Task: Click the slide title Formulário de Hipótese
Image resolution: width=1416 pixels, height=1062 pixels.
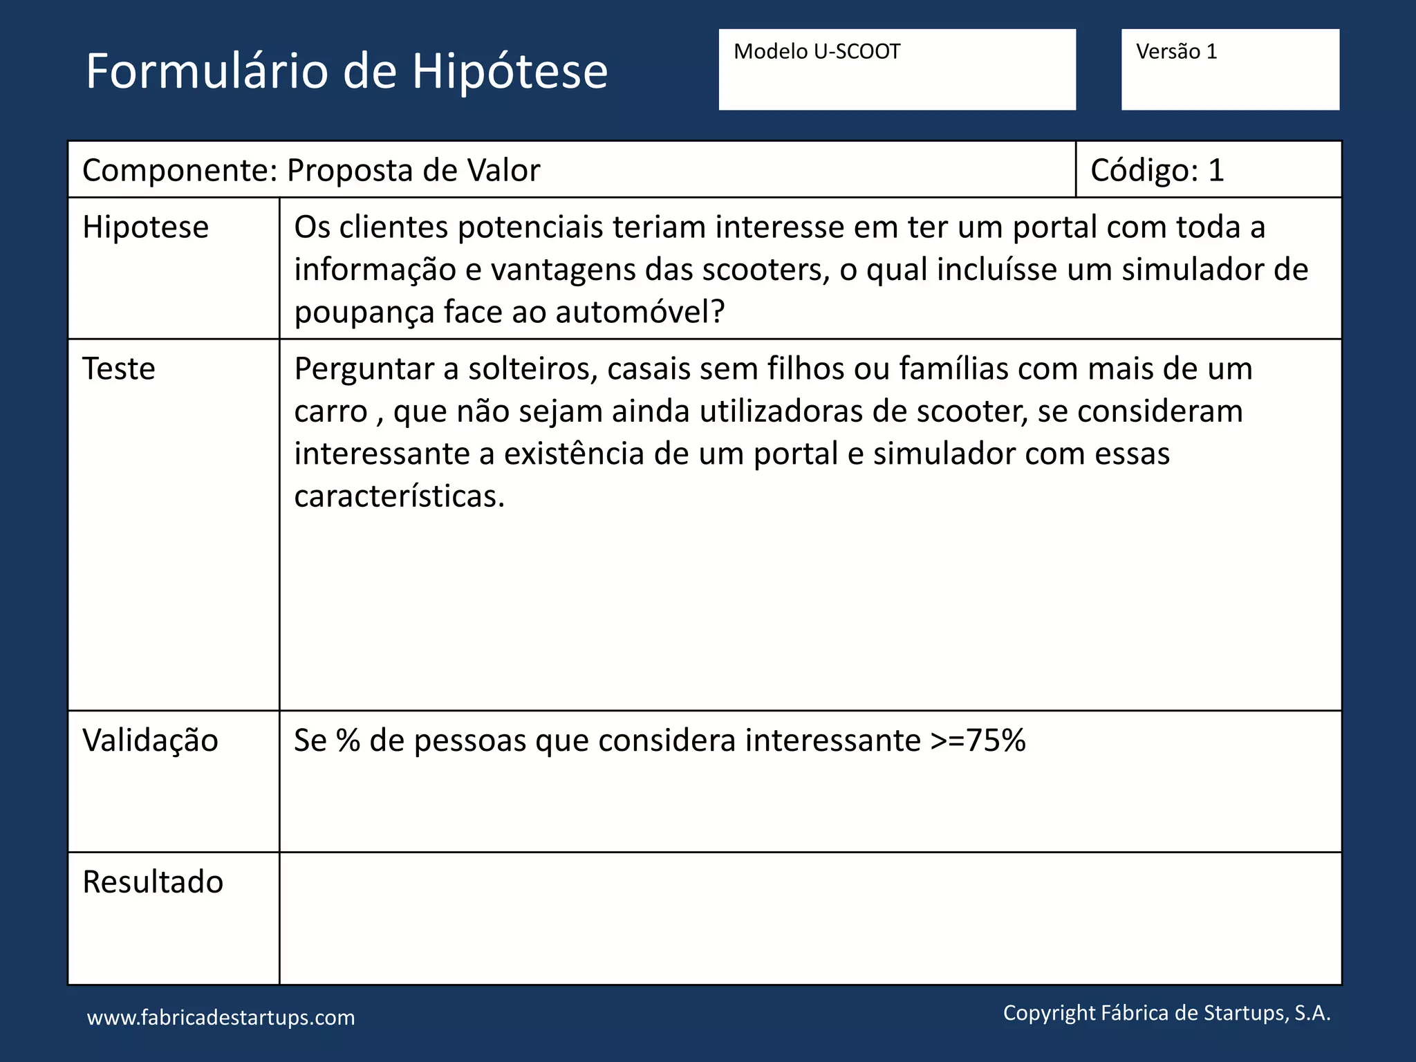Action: (346, 71)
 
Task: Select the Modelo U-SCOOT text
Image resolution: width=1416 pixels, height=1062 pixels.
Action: (817, 52)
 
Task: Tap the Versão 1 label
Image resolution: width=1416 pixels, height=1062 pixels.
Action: (1176, 52)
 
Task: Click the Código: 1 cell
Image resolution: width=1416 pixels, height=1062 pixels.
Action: (1157, 170)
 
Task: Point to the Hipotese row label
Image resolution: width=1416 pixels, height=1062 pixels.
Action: (145, 227)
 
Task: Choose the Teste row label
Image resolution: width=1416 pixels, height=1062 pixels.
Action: (119, 369)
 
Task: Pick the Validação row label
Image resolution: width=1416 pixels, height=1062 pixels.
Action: (150, 740)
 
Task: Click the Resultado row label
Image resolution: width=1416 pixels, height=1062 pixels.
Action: (153, 882)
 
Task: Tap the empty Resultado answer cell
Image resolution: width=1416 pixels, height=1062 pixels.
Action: (809, 918)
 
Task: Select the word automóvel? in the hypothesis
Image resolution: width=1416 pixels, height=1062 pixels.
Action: (640, 313)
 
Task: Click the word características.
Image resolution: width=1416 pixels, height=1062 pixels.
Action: (399, 496)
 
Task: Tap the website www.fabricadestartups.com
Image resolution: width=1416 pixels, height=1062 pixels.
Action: (221, 1018)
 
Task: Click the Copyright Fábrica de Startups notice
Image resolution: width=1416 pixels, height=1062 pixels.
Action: (1166, 1013)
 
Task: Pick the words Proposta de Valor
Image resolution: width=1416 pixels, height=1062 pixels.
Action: (413, 170)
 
